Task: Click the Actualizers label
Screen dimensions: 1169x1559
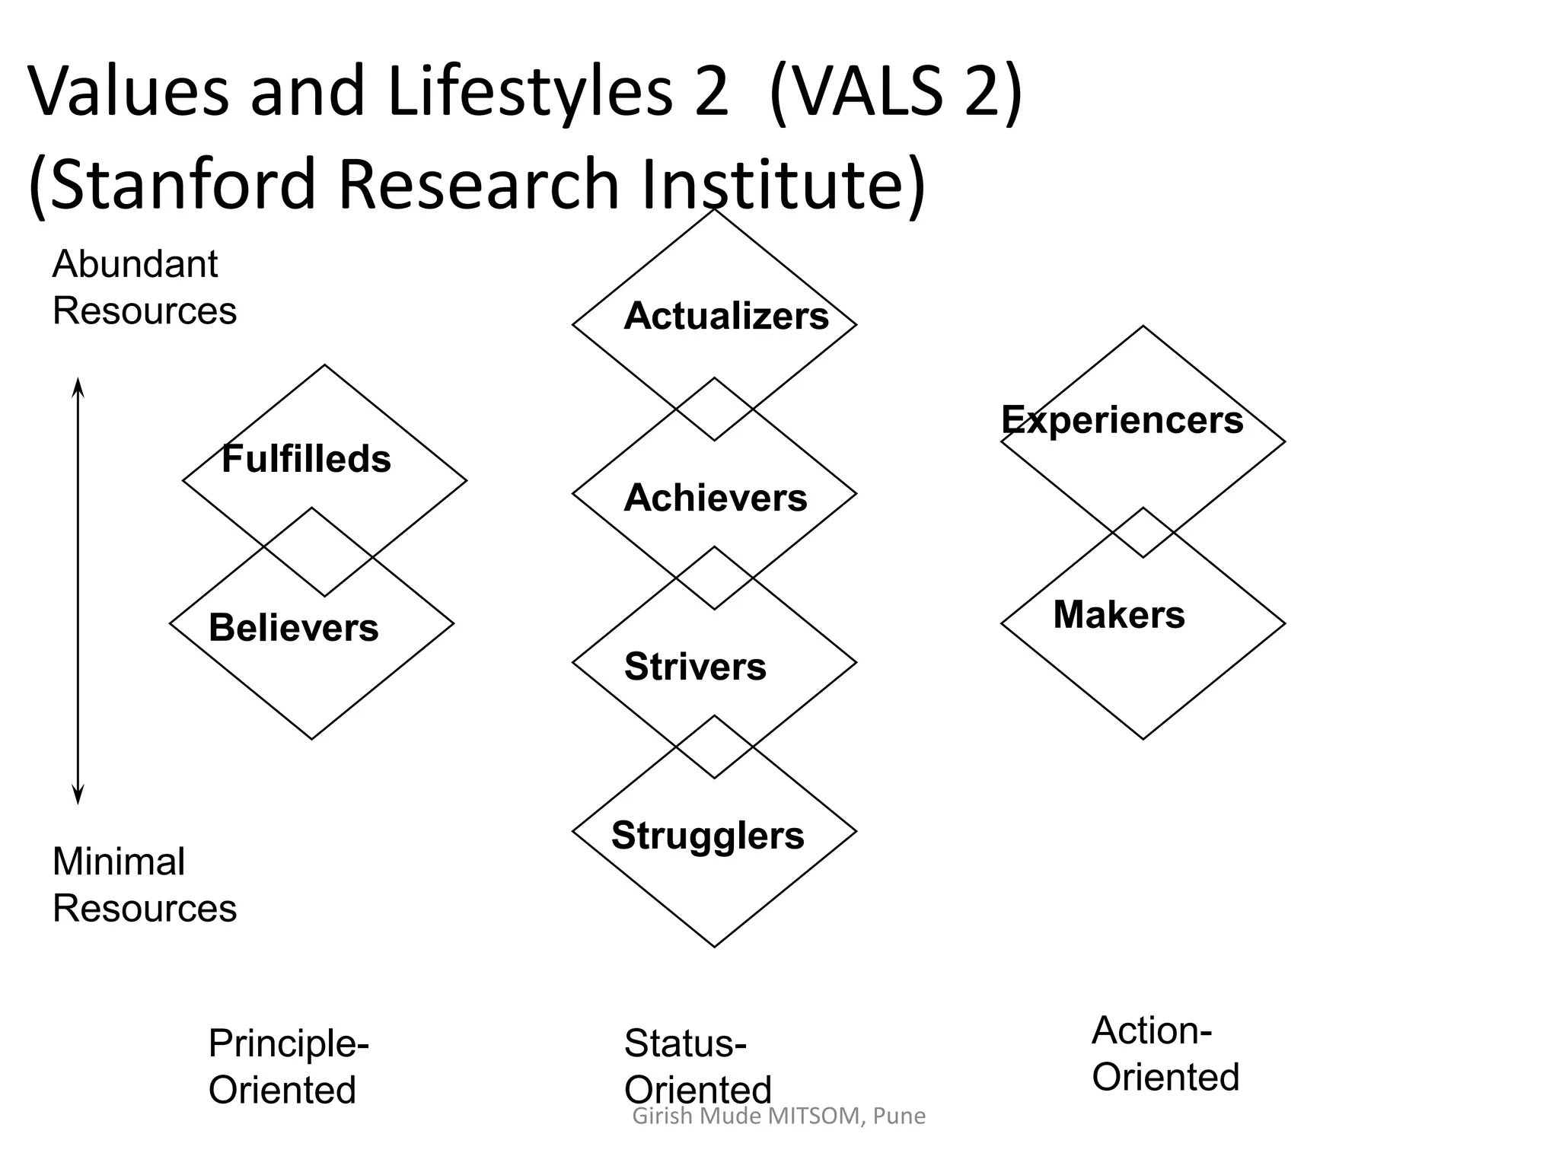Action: tap(725, 316)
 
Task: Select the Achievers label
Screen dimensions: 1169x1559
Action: tap(715, 498)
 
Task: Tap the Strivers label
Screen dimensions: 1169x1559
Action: tap(695, 667)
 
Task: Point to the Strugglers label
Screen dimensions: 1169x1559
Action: tap(707, 836)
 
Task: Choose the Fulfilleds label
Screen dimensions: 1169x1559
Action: tap(306, 459)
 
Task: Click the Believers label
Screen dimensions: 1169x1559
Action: tap(293, 628)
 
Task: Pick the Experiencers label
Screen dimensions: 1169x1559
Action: tap(1121, 420)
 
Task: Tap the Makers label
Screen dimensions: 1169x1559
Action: tap(1118, 614)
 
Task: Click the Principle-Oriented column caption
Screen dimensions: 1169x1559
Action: tap(288, 1066)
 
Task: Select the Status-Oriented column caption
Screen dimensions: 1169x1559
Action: tap(697, 1066)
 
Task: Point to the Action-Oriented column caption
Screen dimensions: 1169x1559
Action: tap(1165, 1054)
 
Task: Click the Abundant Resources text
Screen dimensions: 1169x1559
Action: tap(144, 288)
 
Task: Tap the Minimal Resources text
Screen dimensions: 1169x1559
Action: tap(144, 885)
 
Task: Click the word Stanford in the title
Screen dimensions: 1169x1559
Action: tap(183, 184)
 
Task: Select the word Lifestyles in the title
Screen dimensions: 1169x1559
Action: tap(530, 91)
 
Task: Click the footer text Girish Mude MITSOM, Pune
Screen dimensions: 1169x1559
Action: tap(779, 1116)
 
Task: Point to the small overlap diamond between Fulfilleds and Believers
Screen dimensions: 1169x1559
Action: tap(318, 552)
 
